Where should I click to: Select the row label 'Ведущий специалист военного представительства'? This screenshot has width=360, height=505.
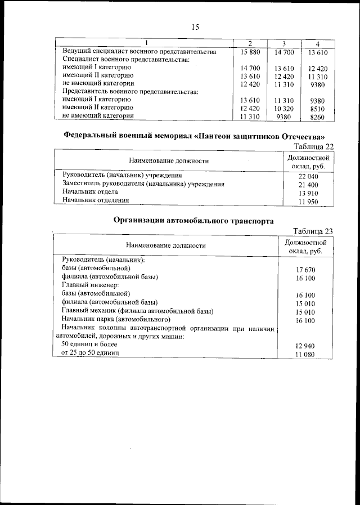click(x=139, y=52)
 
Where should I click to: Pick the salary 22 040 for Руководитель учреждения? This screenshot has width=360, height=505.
click(x=308, y=176)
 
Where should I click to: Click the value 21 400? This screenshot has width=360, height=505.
click(x=308, y=185)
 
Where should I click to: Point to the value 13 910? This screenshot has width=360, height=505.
click(x=308, y=193)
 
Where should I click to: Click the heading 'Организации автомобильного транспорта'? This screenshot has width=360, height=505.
click(x=194, y=221)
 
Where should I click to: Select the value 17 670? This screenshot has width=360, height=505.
click(x=305, y=270)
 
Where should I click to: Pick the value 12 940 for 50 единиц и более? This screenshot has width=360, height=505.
click(x=305, y=345)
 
